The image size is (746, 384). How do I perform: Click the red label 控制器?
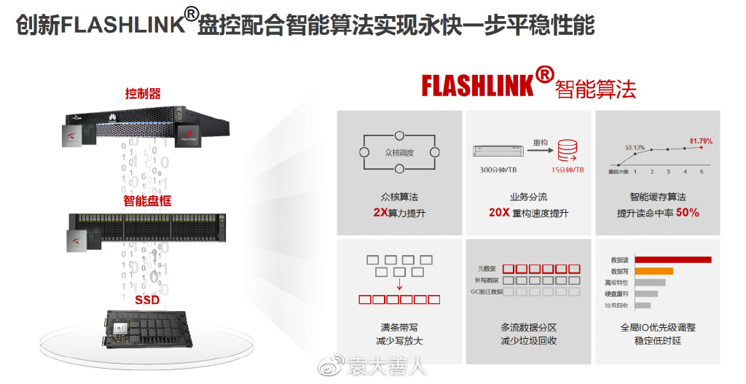tap(143, 93)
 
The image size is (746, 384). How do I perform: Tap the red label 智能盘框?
tap(147, 200)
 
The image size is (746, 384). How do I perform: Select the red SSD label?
tap(147, 299)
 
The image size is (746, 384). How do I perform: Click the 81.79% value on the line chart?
tap(701, 141)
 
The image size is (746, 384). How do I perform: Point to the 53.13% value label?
tap(635, 147)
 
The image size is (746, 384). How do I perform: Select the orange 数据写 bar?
tap(653, 271)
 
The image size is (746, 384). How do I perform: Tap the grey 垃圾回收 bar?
tap(643, 305)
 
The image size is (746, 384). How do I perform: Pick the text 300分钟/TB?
tap(498, 170)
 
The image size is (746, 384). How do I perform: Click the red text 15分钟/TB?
tap(566, 170)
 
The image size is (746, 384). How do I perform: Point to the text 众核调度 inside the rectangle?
tap(398, 154)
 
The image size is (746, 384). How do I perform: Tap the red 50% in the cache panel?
tap(687, 213)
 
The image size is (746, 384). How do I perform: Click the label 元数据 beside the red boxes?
tap(487, 268)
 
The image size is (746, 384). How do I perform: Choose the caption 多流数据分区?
tap(528, 328)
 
